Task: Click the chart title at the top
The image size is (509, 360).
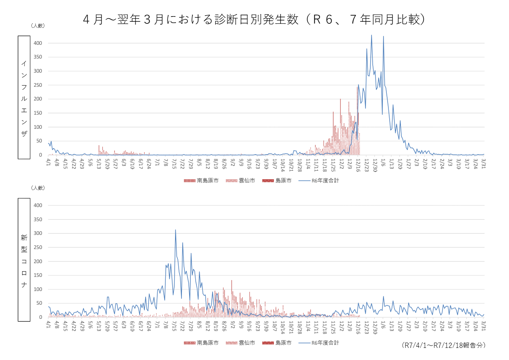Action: tap(254, 19)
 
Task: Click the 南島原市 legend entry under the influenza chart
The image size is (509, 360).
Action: tap(201, 181)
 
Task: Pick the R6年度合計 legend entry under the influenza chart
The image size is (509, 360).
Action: tap(319, 181)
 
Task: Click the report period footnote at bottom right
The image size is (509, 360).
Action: tap(443, 345)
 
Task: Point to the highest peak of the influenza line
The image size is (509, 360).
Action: tap(371, 35)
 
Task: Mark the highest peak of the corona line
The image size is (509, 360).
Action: tap(175, 230)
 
